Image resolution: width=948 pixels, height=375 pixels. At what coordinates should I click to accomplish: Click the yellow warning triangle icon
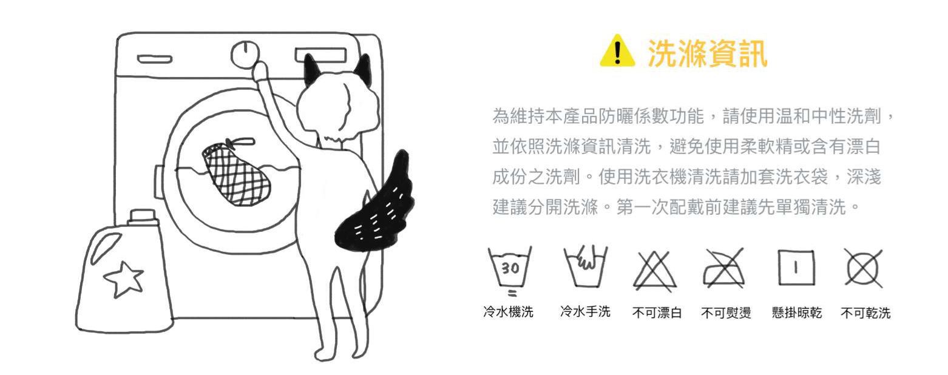point(617,51)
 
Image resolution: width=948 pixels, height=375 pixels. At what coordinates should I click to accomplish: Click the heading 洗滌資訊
point(707,54)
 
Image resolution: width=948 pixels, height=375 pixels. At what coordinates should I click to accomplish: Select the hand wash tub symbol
point(585,266)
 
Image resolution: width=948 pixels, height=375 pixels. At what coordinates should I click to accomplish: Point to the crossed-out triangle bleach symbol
point(655,271)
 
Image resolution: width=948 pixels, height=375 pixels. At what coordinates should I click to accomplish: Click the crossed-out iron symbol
point(724,269)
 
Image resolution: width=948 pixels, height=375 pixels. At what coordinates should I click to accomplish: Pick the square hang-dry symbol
point(796,268)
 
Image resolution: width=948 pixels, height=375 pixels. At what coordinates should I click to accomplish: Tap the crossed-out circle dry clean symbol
point(864,268)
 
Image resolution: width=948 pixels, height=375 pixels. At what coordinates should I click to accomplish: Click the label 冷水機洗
point(508,312)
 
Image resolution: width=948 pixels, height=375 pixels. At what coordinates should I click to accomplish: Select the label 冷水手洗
point(585,312)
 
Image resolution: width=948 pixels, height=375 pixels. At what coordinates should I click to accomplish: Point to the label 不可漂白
point(657,313)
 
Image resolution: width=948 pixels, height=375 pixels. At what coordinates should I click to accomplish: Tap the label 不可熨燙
point(726,313)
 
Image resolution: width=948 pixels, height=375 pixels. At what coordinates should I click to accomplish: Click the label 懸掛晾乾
point(797,313)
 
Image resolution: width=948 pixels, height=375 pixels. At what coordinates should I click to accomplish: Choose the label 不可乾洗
point(866,313)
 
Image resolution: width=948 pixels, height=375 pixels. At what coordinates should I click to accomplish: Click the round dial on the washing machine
point(245,54)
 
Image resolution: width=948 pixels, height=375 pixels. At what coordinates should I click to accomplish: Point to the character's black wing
point(374,203)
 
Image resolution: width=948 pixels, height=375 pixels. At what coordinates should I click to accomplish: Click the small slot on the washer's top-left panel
point(155,59)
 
